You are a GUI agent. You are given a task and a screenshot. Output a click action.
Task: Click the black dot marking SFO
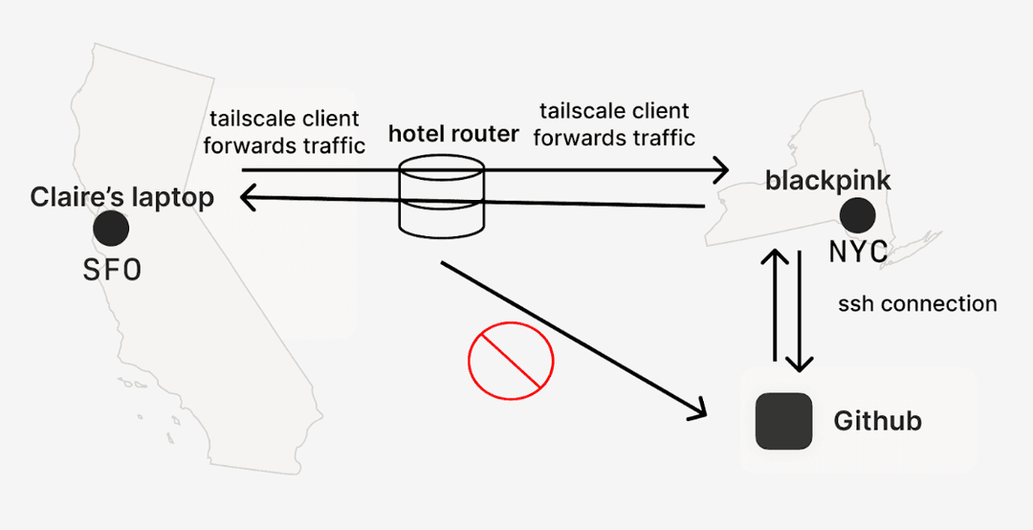click(111, 229)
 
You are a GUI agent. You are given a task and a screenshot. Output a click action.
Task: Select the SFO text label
click(112, 271)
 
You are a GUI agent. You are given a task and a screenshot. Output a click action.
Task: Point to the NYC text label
click(858, 252)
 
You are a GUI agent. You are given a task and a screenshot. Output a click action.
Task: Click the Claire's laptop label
click(121, 198)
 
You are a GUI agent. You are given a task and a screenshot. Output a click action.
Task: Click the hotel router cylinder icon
click(442, 201)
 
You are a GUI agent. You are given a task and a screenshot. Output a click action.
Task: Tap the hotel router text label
click(440, 133)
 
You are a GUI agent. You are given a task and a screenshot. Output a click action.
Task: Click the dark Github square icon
click(783, 421)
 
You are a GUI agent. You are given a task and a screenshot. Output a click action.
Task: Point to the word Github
click(877, 421)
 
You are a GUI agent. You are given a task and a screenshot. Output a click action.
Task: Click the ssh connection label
click(917, 304)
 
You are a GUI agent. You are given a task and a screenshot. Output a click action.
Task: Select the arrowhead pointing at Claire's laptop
click(248, 199)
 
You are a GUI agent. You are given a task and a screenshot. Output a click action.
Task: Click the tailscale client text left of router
click(284, 133)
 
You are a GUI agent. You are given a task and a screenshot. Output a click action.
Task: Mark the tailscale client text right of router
click(614, 124)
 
